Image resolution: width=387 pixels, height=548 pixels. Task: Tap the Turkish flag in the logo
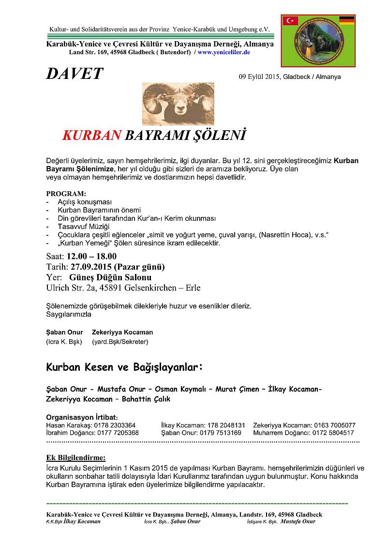[291, 21]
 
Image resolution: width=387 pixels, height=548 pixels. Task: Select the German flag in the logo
[346, 20]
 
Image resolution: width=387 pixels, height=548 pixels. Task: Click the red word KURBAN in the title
[91, 135]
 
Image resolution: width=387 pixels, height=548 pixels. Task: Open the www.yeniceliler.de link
[223, 51]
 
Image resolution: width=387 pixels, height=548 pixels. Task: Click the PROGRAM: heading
[66, 194]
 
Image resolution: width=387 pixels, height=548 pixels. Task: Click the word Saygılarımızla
[69, 314]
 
